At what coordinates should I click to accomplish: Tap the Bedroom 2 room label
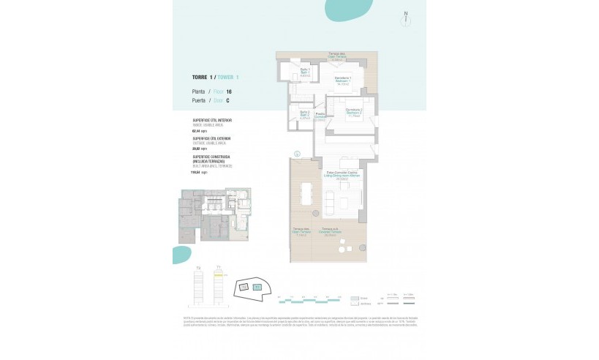click(x=354, y=112)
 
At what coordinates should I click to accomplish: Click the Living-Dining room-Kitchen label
click(x=342, y=176)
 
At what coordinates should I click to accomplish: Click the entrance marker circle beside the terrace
click(x=297, y=154)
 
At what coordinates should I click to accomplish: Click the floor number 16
click(x=229, y=91)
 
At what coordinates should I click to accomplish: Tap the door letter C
click(x=228, y=100)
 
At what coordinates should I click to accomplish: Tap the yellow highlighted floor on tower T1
click(x=218, y=276)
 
